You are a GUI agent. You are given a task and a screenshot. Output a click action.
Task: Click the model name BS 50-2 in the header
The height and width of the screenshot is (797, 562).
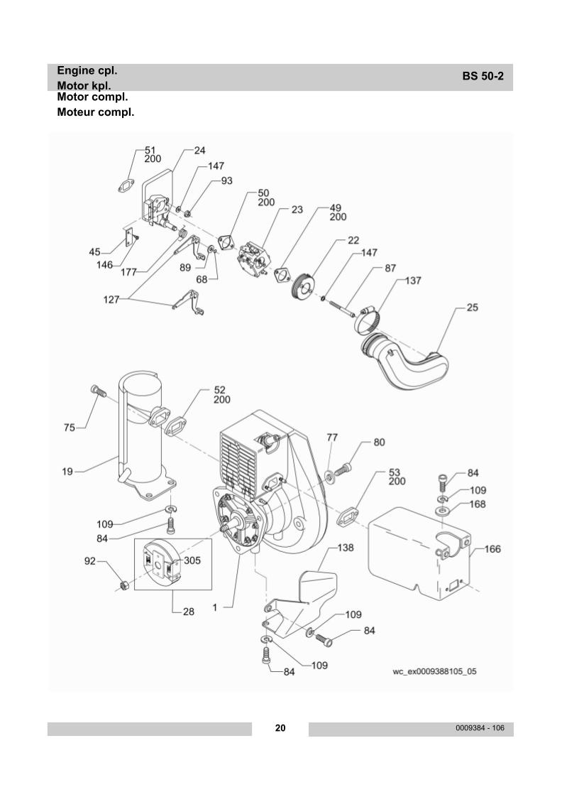click(x=483, y=77)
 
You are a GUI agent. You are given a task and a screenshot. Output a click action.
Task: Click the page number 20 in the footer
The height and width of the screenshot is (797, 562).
click(x=280, y=728)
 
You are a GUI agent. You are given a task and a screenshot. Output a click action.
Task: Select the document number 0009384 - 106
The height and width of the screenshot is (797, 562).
click(x=480, y=728)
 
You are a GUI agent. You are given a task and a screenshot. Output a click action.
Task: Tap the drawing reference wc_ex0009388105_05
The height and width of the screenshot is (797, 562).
click(x=434, y=671)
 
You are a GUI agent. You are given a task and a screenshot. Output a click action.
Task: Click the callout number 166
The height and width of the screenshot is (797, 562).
click(x=492, y=548)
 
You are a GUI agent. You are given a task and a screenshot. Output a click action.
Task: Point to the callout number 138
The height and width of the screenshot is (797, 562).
click(x=346, y=548)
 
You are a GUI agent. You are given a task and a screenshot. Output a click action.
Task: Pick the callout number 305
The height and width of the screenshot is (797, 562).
click(x=192, y=560)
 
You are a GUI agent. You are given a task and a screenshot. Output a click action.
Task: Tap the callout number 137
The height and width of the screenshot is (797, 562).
click(x=412, y=281)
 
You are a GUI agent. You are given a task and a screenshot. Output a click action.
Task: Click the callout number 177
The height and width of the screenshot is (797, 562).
click(x=129, y=271)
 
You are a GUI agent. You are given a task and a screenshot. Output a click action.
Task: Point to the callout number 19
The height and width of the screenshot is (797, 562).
click(x=67, y=471)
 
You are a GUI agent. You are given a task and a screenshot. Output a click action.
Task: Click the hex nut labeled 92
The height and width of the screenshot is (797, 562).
click(x=121, y=586)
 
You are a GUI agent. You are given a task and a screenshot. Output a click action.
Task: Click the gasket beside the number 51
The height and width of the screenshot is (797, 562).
click(x=128, y=182)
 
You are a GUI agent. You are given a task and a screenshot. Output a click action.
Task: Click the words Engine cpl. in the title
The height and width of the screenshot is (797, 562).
click(x=87, y=70)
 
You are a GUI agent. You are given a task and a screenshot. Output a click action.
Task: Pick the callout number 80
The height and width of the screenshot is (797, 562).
click(x=379, y=443)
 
